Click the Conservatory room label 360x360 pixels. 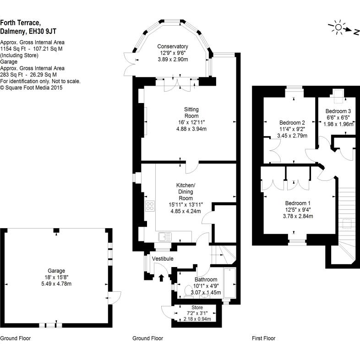pyautogui.click(x=173, y=46)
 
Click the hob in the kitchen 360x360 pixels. pyautogui.click(x=150, y=206)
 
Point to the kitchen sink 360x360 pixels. pyautogui.click(x=164, y=237)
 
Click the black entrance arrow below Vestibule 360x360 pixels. pyautogui.click(x=161, y=278)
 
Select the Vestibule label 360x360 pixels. pyautogui.click(x=163, y=259)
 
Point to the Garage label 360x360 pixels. pyautogui.click(x=57, y=271)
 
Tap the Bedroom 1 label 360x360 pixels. pyautogui.click(x=298, y=203)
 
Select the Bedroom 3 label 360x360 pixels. pyautogui.click(x=338, y=111)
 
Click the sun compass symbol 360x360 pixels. pyautogui.click(x=338, y=28)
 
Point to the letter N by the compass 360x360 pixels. pyautogui.click(x=355, y=32)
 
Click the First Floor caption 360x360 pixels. pyautogui.click(x=264, y=338)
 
